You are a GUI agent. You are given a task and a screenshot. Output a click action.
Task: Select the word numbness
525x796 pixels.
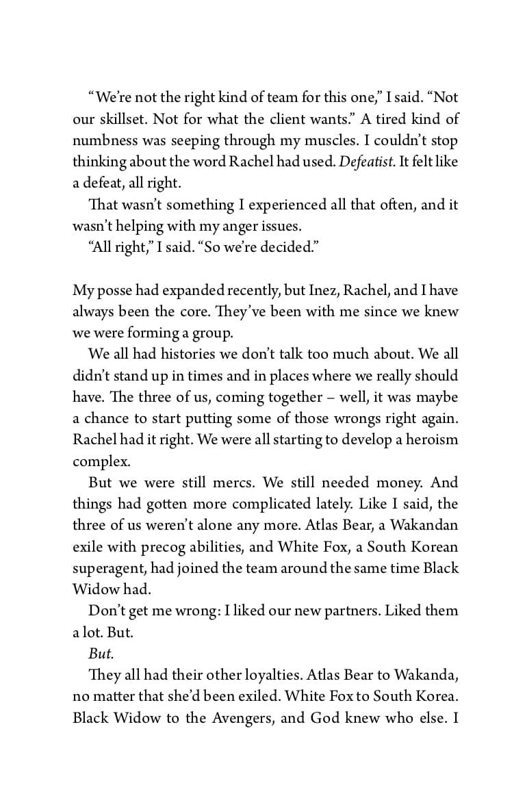coord(103,140)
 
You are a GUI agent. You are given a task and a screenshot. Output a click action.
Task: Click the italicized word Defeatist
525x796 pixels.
coord(367,162)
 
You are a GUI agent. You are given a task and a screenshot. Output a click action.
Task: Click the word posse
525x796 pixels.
coord(116,290)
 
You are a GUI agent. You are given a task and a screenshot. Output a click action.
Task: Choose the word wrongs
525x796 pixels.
coord(356,418)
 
